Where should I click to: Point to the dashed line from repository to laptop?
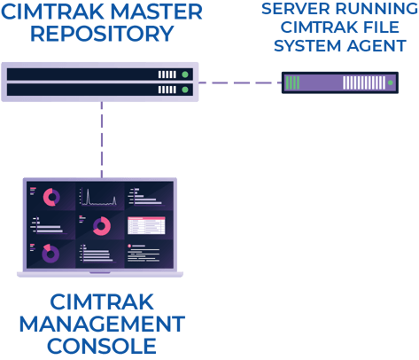pos(103,137)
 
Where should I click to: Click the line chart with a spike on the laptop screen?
pos(97,197)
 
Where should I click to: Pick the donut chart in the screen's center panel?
pos(100,226)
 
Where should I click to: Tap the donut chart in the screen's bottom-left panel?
pos(50,254)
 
